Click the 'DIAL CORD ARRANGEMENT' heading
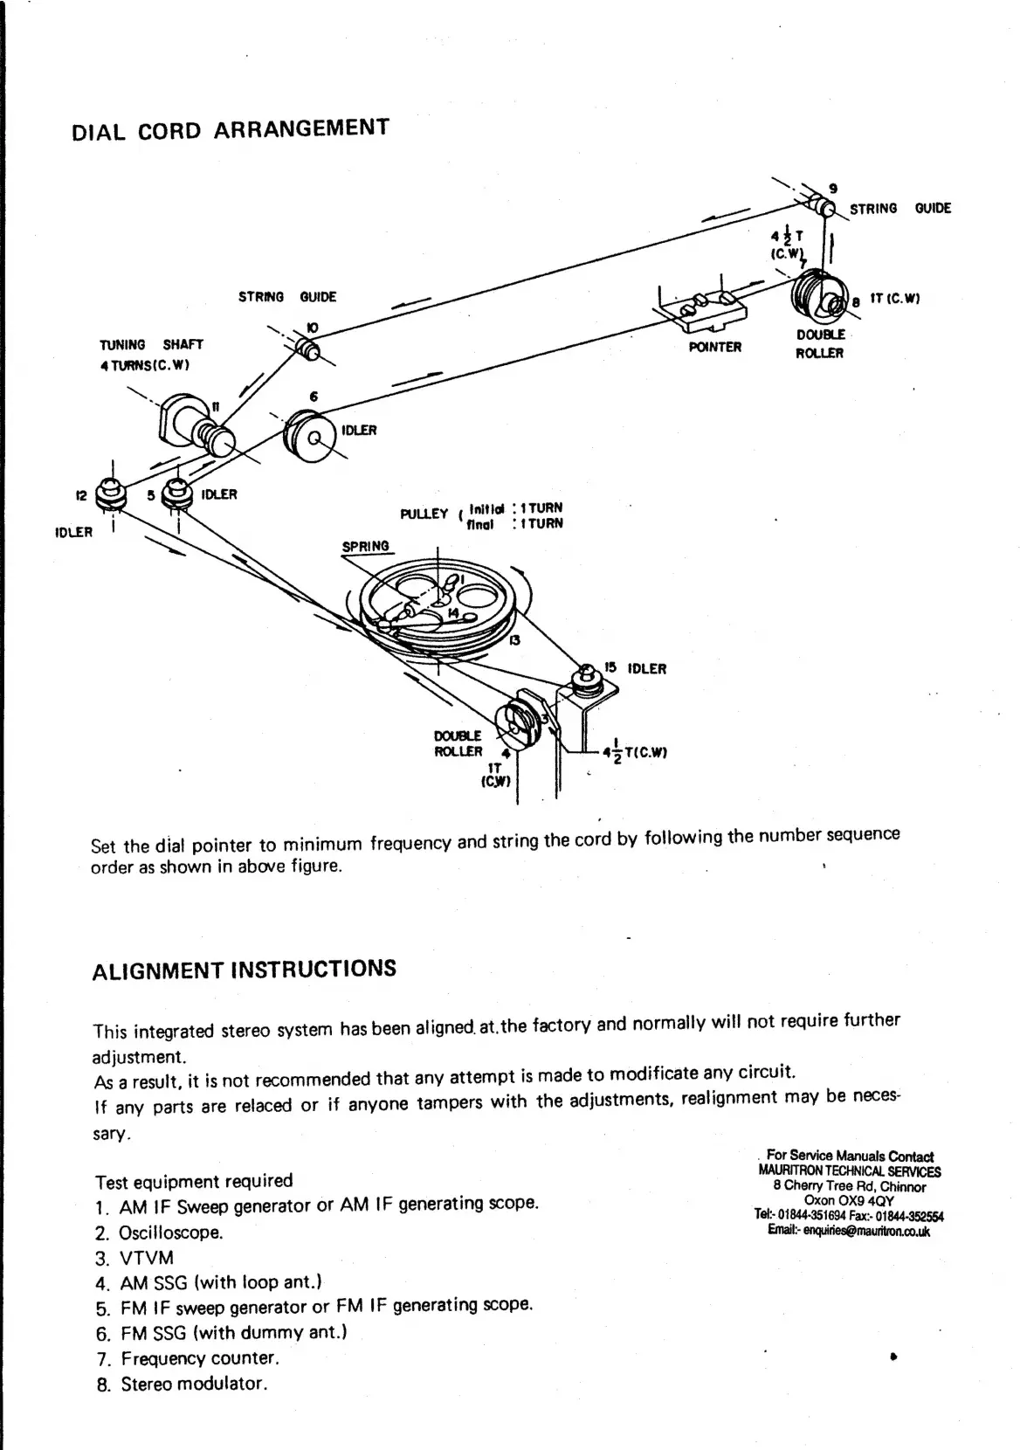tap(229, 129)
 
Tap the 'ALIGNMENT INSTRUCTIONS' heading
tap(244, 970)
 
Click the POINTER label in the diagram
tap(714, 347)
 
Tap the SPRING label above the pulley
tap(365, 547)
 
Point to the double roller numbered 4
tap(516, 718)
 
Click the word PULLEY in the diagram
tap(424, 514)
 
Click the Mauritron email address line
tap(849, 1230)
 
